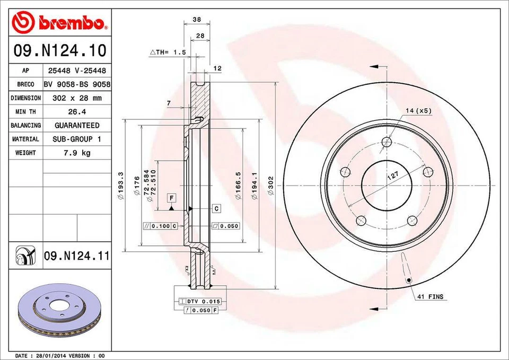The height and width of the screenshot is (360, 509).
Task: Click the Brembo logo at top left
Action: (59, 22)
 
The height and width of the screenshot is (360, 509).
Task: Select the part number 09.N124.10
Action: (59, 51)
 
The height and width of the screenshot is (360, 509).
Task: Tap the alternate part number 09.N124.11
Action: (77, 256)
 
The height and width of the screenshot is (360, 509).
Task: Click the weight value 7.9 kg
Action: (77, 153)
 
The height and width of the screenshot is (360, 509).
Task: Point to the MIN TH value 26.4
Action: (77, 112)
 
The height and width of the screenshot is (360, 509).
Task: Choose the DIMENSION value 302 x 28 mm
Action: (77, 98)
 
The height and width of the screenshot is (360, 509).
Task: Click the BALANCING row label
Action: (25, 126)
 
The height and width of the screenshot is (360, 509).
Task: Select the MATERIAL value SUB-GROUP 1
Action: (77, 139)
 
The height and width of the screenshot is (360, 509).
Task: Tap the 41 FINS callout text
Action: (429, 297)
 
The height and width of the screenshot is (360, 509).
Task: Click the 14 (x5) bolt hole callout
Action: (419, 111)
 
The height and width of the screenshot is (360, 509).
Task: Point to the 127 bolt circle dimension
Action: (392, 177)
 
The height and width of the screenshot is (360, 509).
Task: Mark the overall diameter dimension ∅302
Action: (271, 187)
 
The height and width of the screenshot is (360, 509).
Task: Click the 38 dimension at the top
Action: (197, 19)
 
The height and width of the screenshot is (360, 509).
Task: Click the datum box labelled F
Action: (171, 198)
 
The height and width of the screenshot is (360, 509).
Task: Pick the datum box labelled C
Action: (217, 208)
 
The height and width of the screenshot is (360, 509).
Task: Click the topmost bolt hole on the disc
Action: (387, 142)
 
